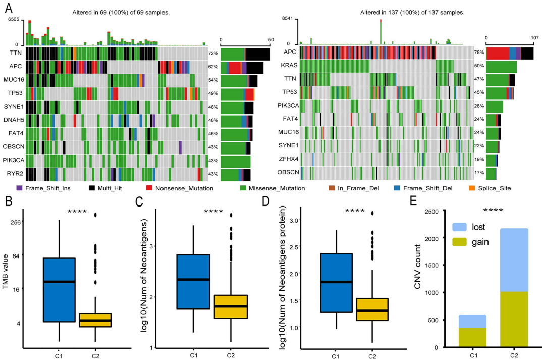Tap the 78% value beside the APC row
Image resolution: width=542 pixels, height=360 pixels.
[478, 53]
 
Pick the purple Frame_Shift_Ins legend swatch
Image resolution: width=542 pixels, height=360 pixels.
[19, 188]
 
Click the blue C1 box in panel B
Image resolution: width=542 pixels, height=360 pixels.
[59, 289]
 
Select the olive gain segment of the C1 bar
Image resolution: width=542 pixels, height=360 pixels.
[472, 337]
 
